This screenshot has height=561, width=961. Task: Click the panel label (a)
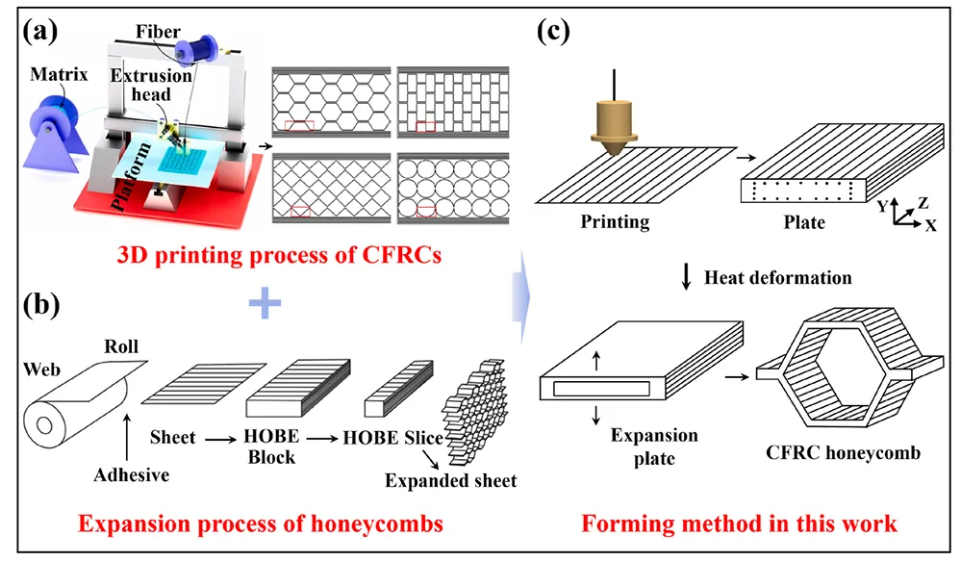pyautogui.click(x=39, y=30)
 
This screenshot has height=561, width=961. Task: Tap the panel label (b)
pyautogui.click(x=41, y=303)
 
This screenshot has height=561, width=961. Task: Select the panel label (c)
pyautogui.click(x=553, y=30)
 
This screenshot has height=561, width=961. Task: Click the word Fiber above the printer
pyautogui.click(x=158, y=31)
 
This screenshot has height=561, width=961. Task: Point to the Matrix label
pyautogui.click(x=59, y=74)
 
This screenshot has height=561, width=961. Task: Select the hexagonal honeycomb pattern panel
pyautogui.click(x=331, y=101)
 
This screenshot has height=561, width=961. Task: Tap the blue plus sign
pyautogui.click(x=265, y=303)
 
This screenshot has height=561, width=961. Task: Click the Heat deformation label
pyautogui.click(x=778, y=278)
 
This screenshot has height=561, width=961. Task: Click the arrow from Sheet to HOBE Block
pyautogui.click(x=220, y=439)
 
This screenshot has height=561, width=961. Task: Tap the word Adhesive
pyautogui.click(x=131, y=474)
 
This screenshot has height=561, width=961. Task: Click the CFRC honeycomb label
pyautogui.click(x=844, y=452)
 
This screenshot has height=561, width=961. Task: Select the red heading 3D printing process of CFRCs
pyautogui.click(x=280, y=254)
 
